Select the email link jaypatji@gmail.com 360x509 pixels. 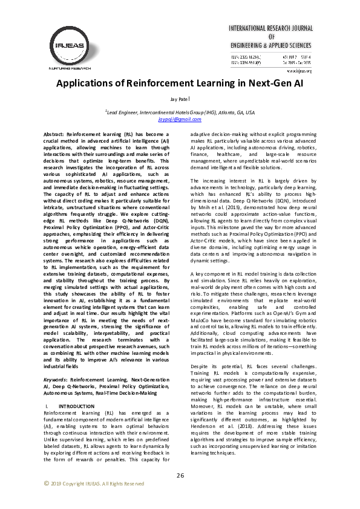180,120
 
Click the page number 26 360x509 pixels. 180,475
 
